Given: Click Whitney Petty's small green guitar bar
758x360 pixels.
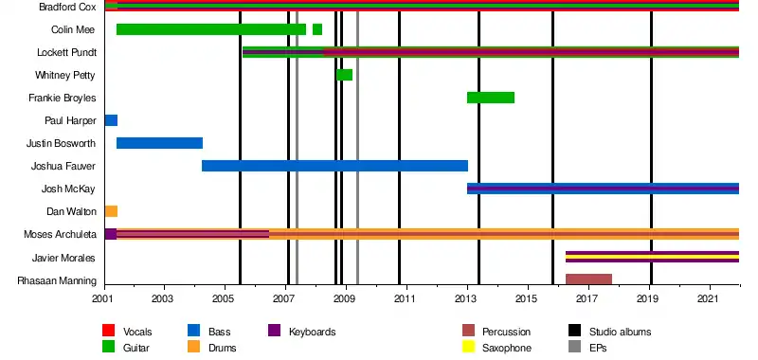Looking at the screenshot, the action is coord(344,75).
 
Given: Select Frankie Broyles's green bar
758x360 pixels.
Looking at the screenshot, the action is coord(491,98).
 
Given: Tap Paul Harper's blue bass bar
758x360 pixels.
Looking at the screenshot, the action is coord(111,120).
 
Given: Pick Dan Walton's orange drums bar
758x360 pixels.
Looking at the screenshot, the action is coord(111,211).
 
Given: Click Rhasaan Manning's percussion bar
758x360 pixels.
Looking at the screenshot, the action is coord(588,279).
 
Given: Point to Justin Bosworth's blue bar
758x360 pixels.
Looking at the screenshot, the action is coord(159,143).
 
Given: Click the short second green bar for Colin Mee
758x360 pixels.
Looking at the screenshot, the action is coord(317,29).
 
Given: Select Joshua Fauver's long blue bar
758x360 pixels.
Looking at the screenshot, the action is coord(335,166).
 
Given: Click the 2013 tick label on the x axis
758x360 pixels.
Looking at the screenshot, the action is coord(467,298).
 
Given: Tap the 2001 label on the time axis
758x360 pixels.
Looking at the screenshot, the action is coord(104,298).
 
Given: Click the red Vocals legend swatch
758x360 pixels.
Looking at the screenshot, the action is coord(109,331).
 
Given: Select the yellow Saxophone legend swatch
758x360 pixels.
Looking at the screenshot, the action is coord(468,347).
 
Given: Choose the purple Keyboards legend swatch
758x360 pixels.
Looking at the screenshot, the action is coord(274,331).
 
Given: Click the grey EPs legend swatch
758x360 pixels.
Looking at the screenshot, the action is coord(574,347).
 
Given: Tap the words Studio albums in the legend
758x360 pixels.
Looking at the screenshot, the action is coord(620,332).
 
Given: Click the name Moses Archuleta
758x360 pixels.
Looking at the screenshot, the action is coord(60,235).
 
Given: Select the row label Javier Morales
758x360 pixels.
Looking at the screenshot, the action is coord(63,258).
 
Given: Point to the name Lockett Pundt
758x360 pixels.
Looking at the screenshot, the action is coord(66,52).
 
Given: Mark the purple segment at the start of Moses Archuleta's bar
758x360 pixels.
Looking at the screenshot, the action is coord(111,234).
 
